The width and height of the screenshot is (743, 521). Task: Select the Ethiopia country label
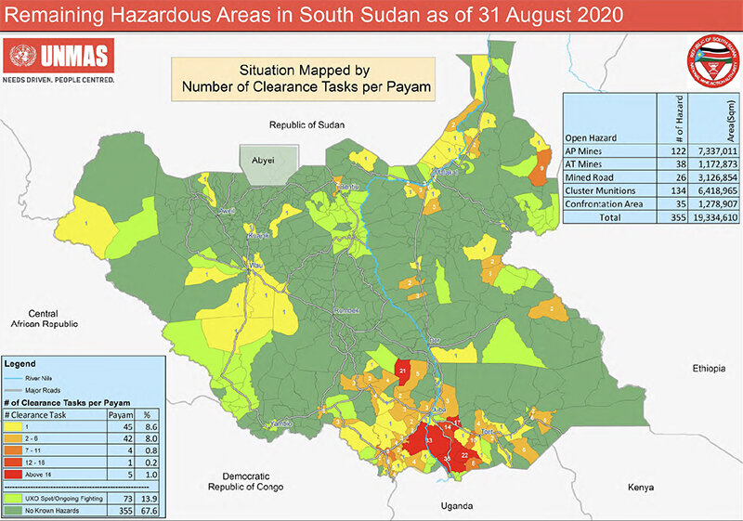[707, 369]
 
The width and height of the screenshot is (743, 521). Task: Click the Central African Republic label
[43, 319]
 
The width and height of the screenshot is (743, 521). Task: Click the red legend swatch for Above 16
[16, 474]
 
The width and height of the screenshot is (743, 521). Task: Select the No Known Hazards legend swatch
[16, 510]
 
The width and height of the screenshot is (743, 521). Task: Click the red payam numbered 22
[464, 456]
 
